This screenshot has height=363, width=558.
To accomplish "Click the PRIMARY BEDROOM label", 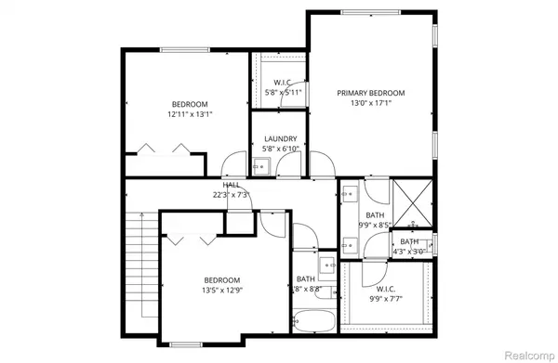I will [x=371, y=93].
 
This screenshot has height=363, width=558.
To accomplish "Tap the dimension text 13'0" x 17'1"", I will [x=371, y=104].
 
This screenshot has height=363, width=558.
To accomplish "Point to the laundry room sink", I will [x=263, y=167].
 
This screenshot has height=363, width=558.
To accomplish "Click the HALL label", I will [x=231, y=185].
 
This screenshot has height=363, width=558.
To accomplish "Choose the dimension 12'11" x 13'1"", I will [x=190, y=115].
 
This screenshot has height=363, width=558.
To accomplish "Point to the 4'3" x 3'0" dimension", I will [x=409, y=251].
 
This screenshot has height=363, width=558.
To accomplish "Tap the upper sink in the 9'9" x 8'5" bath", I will [x=349, y=195].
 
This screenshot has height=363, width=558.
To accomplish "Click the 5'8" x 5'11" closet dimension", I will [x=283, y=93].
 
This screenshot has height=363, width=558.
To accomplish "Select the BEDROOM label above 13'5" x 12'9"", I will [x=222, y=280].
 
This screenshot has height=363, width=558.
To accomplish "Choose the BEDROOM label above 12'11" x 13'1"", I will [x=190, y=104].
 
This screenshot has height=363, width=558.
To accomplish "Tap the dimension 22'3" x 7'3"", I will [x=231, y=195].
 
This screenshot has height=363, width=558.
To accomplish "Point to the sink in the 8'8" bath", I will [x=326, y=265].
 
